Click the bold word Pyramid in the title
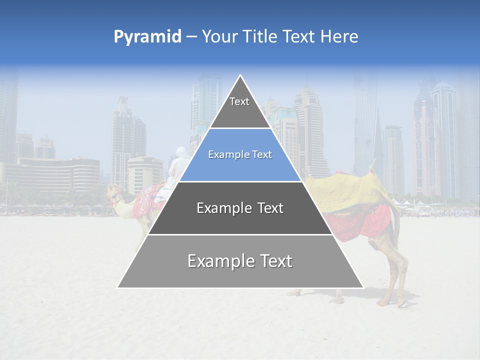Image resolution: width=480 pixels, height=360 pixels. point(147,37)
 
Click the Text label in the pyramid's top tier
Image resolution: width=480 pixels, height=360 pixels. point(239,102)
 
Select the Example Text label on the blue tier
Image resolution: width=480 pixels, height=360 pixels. point(240,155)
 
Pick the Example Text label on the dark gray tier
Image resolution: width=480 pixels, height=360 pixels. point(240,208)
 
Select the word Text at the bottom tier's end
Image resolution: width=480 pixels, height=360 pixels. point(274,261)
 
